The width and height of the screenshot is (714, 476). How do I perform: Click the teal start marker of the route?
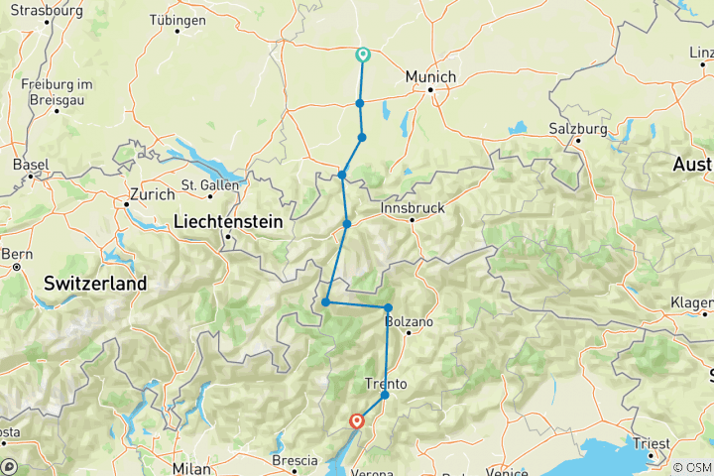coord(363,56)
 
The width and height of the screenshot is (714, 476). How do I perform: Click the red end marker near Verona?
coord(356,421)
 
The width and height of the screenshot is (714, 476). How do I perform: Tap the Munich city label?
coord(431,76)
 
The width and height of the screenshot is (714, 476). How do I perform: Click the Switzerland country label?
coord(95,284)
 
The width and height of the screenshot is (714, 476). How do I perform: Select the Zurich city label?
coord(150,195)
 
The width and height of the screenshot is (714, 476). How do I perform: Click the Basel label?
coord(31,164)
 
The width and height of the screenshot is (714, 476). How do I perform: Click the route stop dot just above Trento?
coord(385,396)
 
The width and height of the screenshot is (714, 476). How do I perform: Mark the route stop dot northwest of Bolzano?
coord(388,307)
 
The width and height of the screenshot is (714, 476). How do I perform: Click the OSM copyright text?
coord(691,467)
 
